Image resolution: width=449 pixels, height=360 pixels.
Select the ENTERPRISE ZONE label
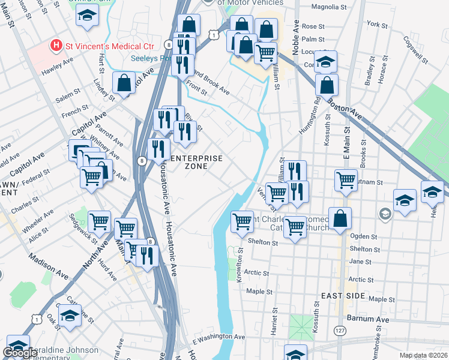coord(197,163)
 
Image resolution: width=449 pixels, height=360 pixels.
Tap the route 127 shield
coord(340,331)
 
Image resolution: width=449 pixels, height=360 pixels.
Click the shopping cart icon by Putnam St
coord(346,180)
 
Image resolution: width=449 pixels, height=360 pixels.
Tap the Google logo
coord(20,353)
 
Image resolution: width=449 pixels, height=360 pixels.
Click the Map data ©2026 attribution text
coord(424,355)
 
